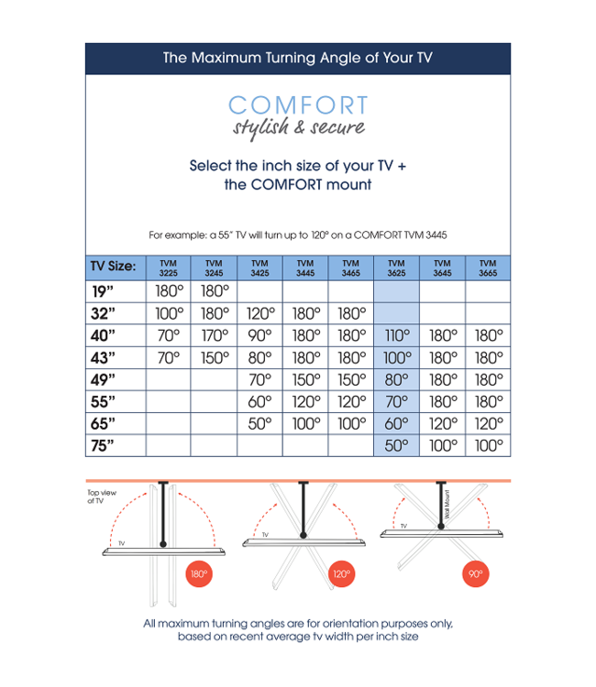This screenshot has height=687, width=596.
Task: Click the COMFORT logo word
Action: click(x=298, y=105)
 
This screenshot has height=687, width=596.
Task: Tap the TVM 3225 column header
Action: click(x=169, y=267)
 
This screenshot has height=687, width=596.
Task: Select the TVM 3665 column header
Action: click(x=488, y=267)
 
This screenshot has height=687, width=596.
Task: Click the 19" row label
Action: click(x=103, y=292)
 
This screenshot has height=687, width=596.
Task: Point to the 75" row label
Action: click(x=103, y=446)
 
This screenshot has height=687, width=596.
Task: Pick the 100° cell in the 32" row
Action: click(x=169, y=314)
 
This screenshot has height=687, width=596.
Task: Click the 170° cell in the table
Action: click(x=214, y=336)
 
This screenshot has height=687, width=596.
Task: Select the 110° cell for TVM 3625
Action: click(x=396, y=336)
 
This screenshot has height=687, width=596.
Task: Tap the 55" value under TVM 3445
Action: click(x=305, y=402)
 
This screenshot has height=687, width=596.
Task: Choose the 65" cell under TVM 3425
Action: click(x=259, y=424)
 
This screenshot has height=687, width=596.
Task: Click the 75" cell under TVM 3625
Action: click(x=396, y=446)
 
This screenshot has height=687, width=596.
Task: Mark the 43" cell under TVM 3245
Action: click(x=214, y=358)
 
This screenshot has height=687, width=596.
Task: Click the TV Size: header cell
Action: click(x=114, y=267)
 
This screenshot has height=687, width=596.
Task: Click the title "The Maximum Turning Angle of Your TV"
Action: click(x=298, y=58)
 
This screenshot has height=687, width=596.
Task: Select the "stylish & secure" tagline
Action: click(x=298, y=127)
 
